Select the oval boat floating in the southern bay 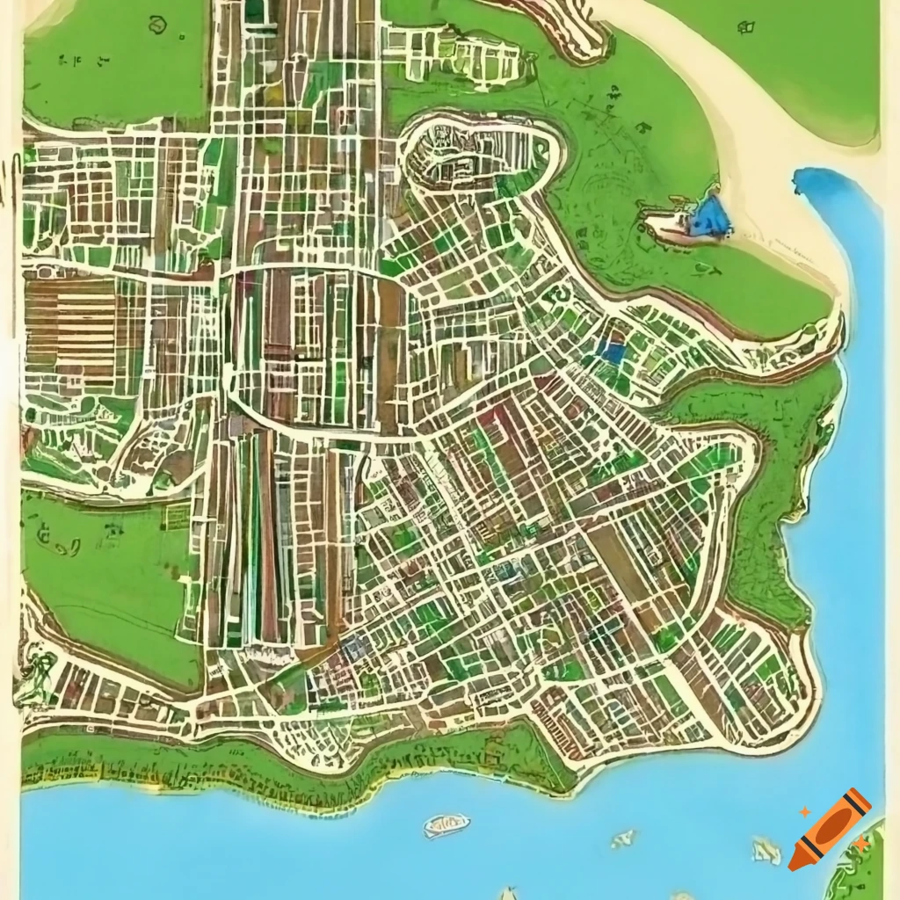point(446,824)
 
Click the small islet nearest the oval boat point(623,839)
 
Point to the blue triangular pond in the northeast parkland point(710,216)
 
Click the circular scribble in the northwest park point(157,25)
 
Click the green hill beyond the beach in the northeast point(791,62)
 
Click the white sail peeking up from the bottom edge point(508,894)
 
